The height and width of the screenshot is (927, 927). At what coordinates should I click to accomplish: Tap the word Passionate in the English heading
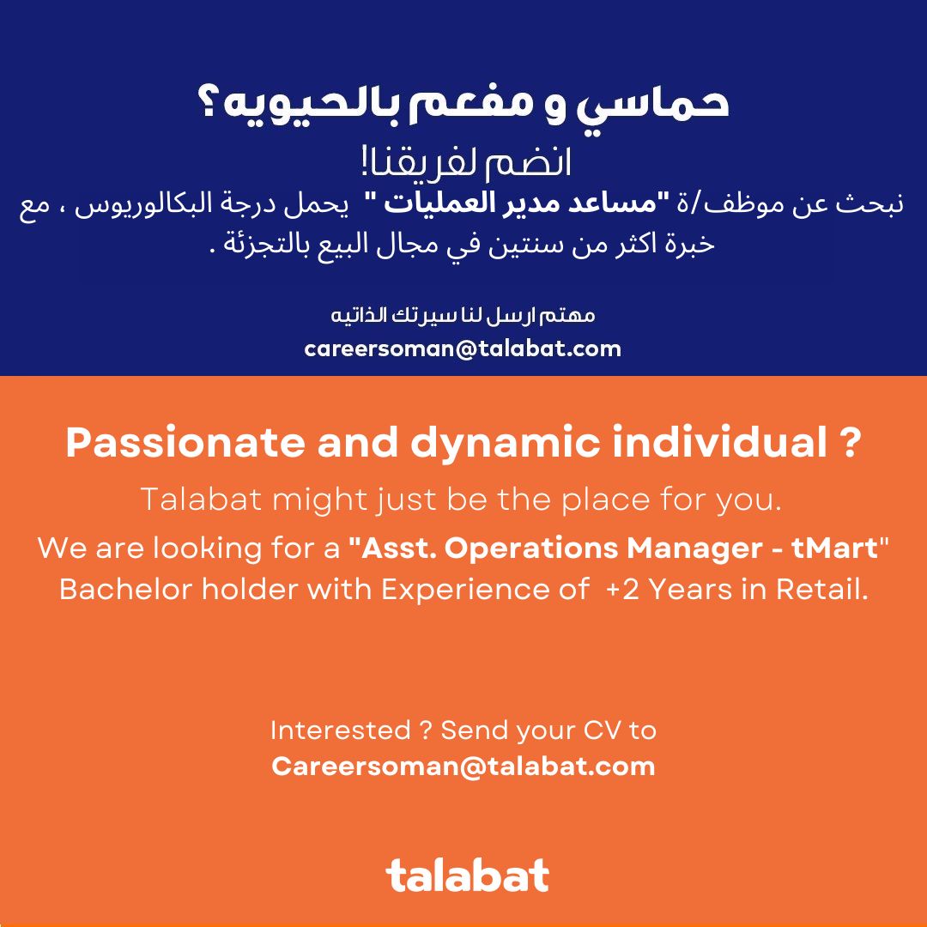(x=185, y=442)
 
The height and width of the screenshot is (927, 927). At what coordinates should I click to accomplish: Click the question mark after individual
(x=850, y=442)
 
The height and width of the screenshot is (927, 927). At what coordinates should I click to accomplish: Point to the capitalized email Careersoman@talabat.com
(x=463, y=766)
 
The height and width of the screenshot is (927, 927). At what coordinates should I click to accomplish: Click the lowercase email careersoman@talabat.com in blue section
(x=463, y=348)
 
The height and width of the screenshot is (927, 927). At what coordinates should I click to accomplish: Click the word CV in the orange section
(x=603, y=730)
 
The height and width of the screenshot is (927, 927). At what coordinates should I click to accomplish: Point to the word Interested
(x=341, y=730)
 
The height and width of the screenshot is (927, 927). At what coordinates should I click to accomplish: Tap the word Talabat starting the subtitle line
(x=201, y=500)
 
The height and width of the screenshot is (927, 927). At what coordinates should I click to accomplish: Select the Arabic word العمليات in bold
(x=429, y=204)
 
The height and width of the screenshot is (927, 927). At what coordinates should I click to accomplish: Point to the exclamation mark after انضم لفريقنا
(x=365, y=162)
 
